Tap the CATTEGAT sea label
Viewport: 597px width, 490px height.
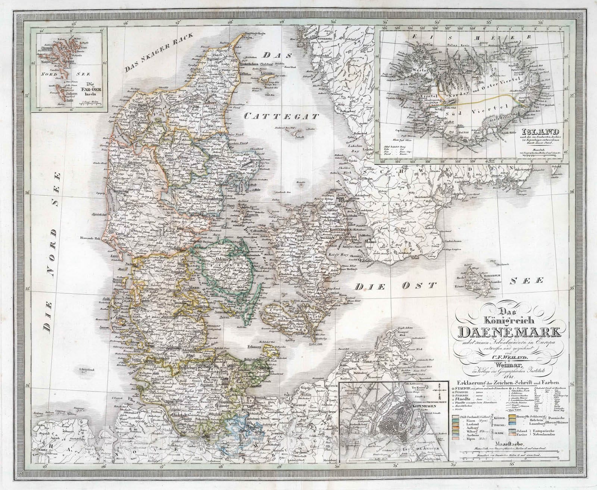click(281, 116)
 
